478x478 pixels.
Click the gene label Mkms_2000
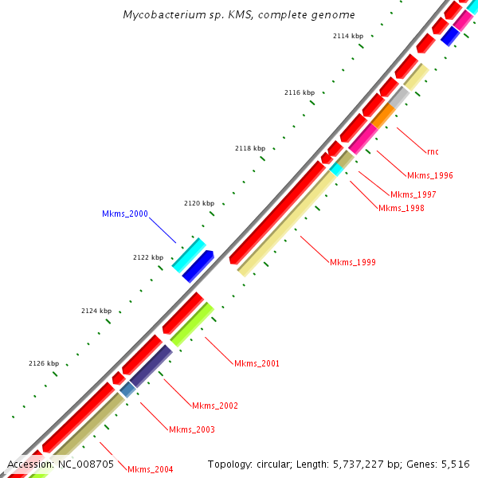125,214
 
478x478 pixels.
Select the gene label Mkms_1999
353,262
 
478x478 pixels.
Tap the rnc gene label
433,151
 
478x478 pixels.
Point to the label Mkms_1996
430,175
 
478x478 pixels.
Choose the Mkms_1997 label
413,194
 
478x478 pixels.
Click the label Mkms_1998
401,208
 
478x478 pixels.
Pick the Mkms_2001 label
257,363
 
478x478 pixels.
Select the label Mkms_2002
215,406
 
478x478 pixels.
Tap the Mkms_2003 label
192,429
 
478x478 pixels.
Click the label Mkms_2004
151,469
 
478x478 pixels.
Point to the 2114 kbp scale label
348,37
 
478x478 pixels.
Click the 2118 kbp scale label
250,148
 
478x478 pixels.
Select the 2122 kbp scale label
148,257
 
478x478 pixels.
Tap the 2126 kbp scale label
44,363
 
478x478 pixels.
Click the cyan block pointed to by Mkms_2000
189,254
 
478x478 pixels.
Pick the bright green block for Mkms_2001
192,324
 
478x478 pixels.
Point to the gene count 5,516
454,464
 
